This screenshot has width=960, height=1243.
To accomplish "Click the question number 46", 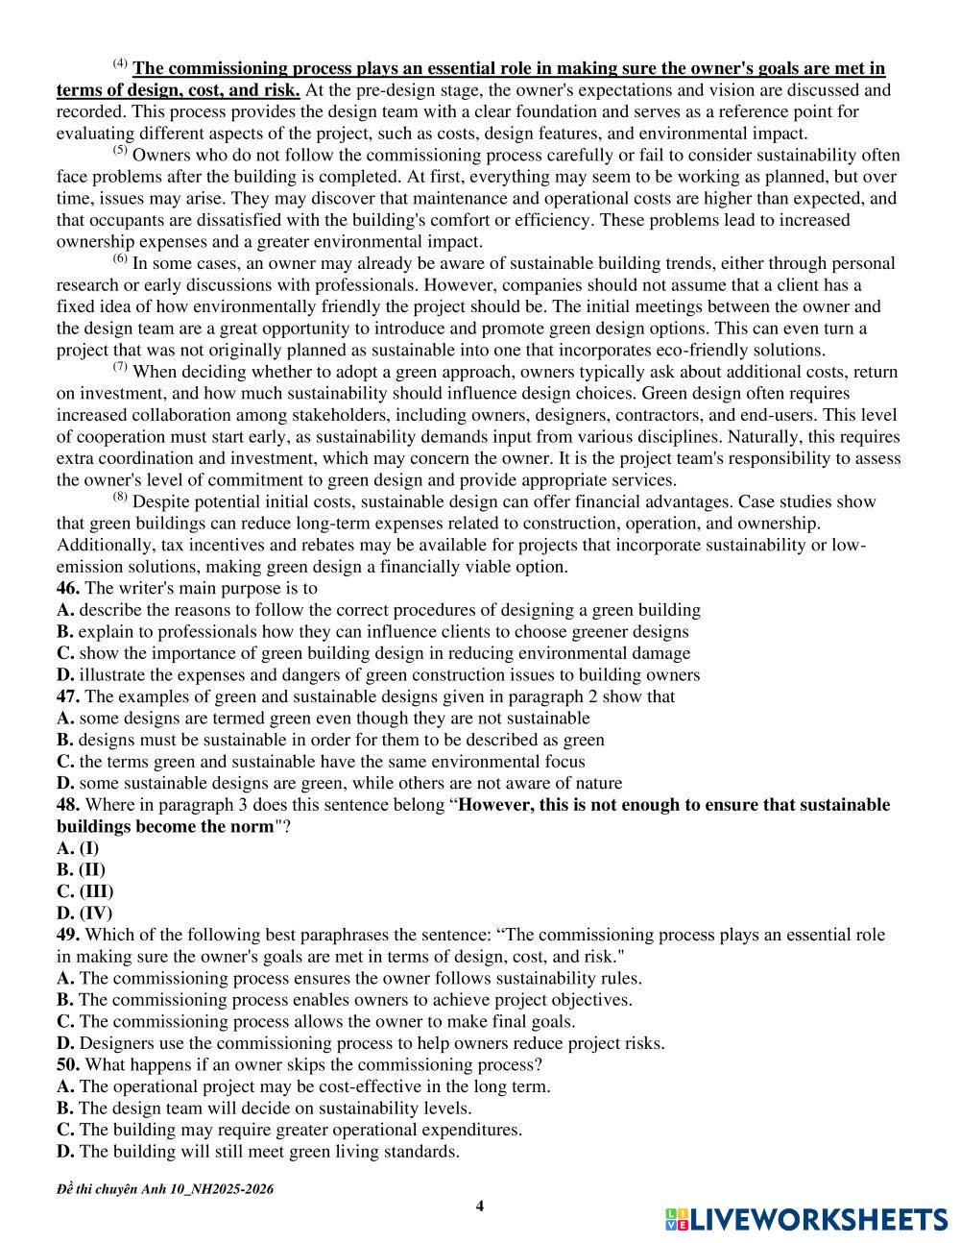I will pyautogui.click(x=68, y=588).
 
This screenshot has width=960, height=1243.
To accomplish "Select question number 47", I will pyautogui.click(x=68, y=696).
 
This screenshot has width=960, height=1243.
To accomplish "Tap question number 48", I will pyautogui.click(x=68, y=805).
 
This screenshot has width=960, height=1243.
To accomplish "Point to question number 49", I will pyautogui.click(x=68, y=935).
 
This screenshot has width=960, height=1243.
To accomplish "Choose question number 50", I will pyautogui.click(x=68, y=1064).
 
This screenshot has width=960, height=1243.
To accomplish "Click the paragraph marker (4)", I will pyautogui.click(x=120, y=64).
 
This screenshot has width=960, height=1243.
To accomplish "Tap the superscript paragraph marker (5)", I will pyautogui.click(x=120, y=151).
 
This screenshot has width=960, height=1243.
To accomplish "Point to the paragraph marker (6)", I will pyautogui.click(x=120, y=259).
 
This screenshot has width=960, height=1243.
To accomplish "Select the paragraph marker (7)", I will pyautogui.click(x=120, y=368).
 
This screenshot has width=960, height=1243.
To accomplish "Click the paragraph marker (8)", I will pyautogui.click(x=120, y=498).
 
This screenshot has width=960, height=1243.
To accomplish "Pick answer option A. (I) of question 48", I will pyautogui.click(x=78, y=848).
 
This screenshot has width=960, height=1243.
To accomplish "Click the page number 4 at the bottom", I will pyautogui.click(x=480, y=1206).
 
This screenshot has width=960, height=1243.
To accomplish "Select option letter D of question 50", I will pyautogui.click(x=65, y=1151).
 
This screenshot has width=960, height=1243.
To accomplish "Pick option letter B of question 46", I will pyautogui.click(x=64, y=632).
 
